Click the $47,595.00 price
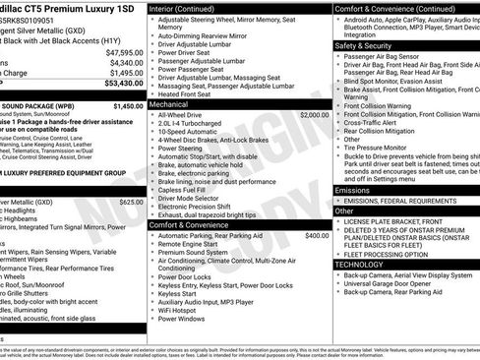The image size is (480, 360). (x=125, y=52)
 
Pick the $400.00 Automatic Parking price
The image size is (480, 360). (x=317, y=236)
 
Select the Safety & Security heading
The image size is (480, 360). (x=362, y=45)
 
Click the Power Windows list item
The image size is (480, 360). (x=187, y=319)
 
